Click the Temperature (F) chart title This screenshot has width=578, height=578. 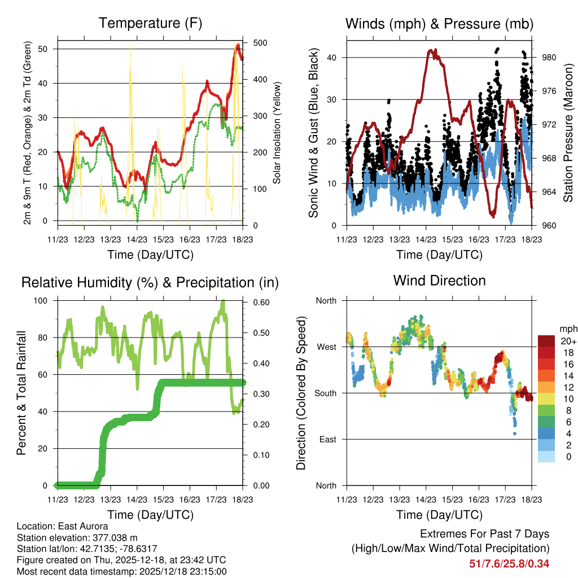coord(150,23)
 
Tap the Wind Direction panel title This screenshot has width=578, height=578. coord(439,281)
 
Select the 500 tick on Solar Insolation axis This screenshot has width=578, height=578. coord(261,43)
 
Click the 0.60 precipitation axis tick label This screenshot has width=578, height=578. coord(261,302)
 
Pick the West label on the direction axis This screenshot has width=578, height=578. coord(326,347)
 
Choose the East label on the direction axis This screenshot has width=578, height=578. coord(328,439)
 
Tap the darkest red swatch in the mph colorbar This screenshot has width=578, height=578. coord(546,341)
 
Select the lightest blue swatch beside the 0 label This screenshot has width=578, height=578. coord(546,456)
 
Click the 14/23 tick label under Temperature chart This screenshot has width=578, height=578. coord(137,240)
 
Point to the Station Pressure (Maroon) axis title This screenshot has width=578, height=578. coord(568,133)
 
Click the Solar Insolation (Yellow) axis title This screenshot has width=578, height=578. coord(277,133)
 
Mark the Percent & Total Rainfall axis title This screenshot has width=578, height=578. coord(21,393)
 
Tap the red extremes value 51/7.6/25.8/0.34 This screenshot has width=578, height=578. coord(509,563)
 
